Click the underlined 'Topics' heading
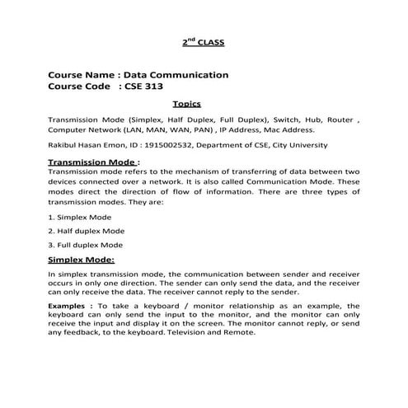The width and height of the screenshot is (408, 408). point(186,105)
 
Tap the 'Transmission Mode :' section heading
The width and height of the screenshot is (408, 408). point(94,163)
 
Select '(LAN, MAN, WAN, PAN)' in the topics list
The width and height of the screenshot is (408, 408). point(162,130)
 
